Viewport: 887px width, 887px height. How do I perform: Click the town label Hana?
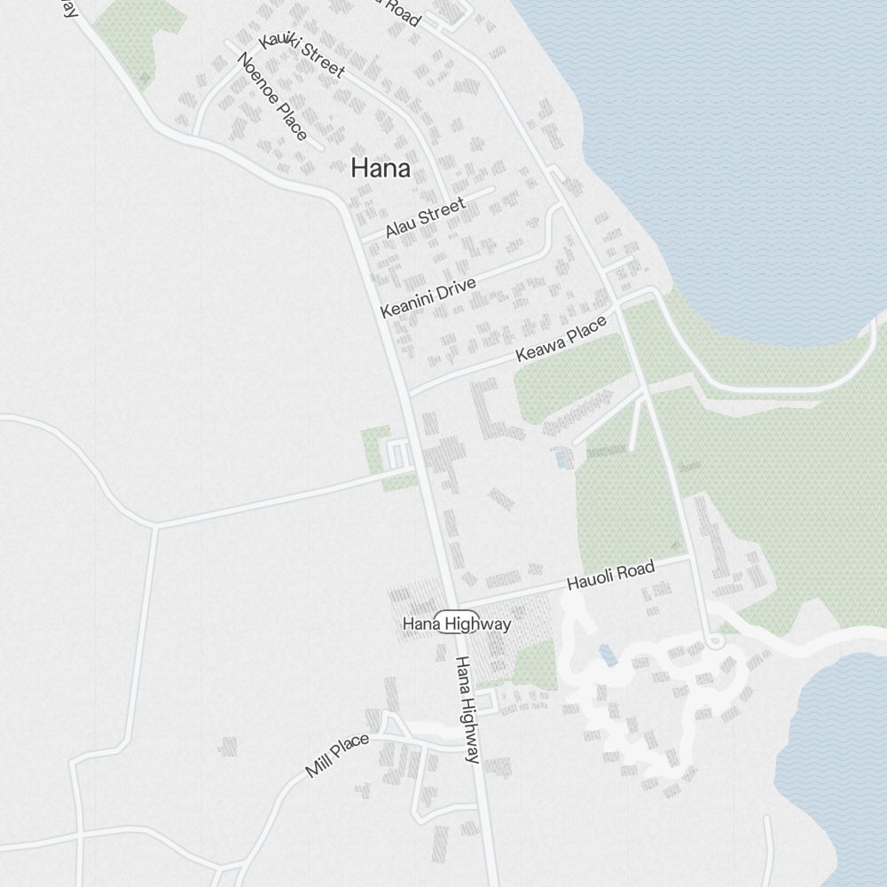click(x=381, y=168)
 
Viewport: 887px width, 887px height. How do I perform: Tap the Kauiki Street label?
click(x=302, y=54)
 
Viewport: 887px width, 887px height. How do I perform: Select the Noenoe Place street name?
click(x=272, y=96)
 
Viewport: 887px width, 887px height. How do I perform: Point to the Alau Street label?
click(x=425, y=218)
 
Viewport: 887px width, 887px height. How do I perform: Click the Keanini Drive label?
click(x=428, y=297)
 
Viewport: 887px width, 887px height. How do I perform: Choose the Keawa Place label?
click(x=561, y=339)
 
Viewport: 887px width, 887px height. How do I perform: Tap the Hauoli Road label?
click(x=610, y=576)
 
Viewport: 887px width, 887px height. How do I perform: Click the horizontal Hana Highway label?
click(x=457, y=624)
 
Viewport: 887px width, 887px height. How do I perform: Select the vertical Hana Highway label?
click(x=467, y=709)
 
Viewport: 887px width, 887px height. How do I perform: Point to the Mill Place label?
click(x=337, y=755)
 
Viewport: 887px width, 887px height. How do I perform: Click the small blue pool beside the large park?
click(x=561, y=459)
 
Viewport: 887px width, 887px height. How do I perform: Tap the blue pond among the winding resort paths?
click(x=608, y=655)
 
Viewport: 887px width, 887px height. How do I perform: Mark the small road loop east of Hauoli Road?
click(x=716, y=640)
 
